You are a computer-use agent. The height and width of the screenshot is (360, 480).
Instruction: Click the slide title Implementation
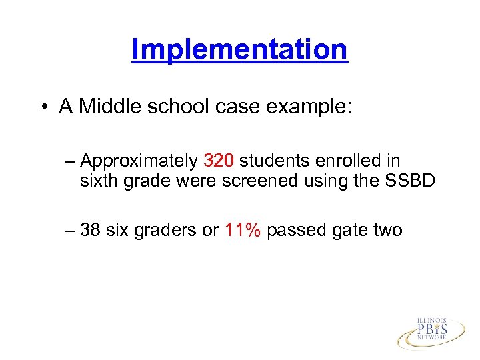click(239, 49)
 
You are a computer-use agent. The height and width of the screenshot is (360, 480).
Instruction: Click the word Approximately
click(138, 161)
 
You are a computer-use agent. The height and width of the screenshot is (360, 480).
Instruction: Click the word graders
click(165, 231)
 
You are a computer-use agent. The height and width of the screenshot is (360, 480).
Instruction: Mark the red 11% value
click(243, 231)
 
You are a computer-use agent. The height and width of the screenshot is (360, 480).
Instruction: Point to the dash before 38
click(71, 231)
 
